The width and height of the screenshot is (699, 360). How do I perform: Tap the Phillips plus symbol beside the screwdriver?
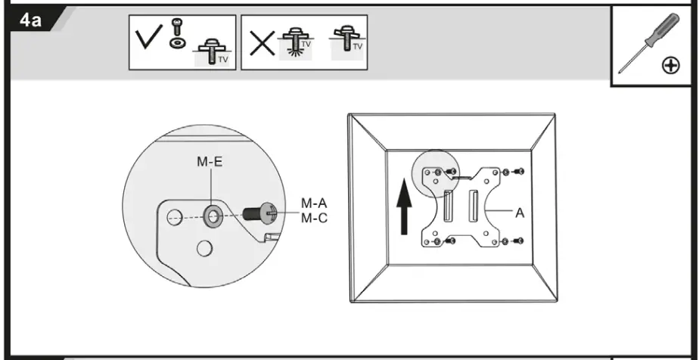point(670,67)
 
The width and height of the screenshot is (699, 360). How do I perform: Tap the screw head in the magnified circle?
point(269,214)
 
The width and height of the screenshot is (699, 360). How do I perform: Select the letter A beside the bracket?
point(520,214)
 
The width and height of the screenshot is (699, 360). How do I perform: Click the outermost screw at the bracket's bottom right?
point(518,241)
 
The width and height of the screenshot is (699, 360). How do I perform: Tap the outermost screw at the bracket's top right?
point(518,172)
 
